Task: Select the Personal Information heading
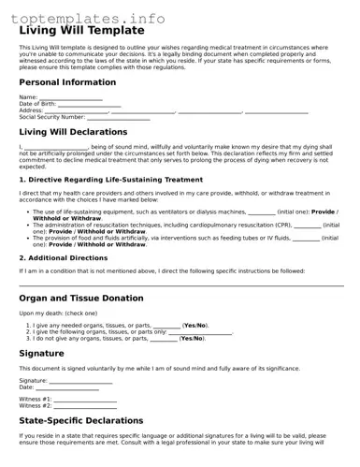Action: tap(67, 82)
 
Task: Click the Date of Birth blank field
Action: tap(89, 104)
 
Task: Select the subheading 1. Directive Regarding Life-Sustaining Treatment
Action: tap(110, 178)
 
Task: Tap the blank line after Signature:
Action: tap(79, 382)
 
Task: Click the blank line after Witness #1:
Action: tap(85, 400)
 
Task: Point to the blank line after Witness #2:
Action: tap(85, 406)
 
